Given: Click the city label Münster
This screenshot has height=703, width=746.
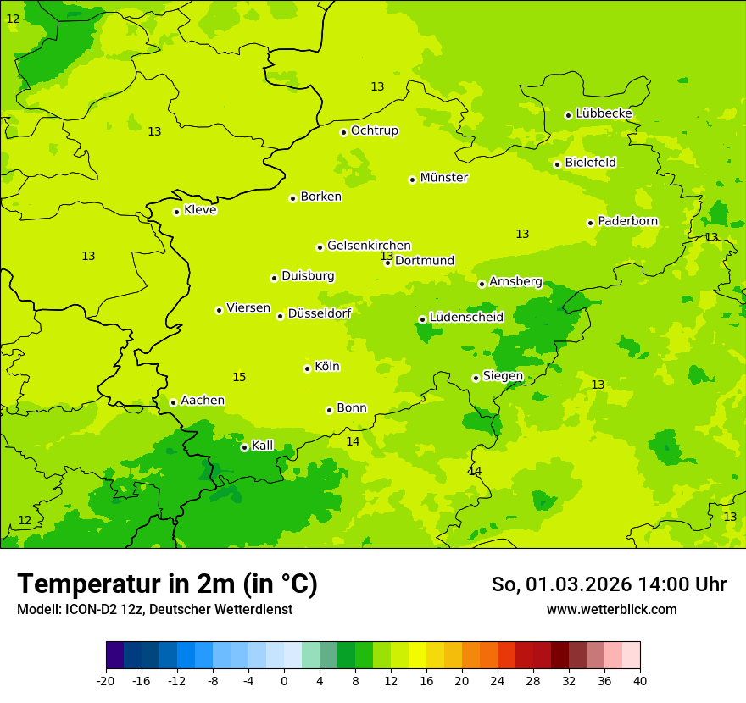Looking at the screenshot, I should click(444, 178).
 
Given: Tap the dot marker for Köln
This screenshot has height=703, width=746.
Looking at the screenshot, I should click(307, 368).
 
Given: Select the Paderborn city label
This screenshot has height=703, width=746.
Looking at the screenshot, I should click(627, 221).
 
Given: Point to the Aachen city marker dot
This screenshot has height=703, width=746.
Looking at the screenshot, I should click(173, 402).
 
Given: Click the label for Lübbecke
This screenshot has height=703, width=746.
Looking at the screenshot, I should click(604, 113).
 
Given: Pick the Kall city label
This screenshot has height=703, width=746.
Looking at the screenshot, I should click(263, 446).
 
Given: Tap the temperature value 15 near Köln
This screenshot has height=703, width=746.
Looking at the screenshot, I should click(239, 377).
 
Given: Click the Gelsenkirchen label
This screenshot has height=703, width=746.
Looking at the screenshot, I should click(369, 246).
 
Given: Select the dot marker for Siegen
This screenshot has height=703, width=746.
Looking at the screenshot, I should click(476, 378).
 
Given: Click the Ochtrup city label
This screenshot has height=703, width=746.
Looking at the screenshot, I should click(374, 130).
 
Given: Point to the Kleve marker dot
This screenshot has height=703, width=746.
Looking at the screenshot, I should click(176, 212).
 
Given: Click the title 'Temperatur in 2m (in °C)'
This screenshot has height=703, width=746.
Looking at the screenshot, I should click(167, 584).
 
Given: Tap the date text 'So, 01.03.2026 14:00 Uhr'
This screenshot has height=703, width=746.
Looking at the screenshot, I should click(609, 584).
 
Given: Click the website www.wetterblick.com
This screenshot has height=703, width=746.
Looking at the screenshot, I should click(611, 610).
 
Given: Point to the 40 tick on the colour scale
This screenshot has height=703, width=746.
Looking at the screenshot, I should click(639, 680).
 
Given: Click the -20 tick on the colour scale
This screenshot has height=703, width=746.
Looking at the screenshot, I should click(105, 680).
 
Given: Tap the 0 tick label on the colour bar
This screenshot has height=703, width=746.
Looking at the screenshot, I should click(284, 680).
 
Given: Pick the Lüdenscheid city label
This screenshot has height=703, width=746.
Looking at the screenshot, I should click(466, 318).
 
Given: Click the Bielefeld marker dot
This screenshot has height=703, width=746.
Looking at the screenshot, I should click(557, 164).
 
